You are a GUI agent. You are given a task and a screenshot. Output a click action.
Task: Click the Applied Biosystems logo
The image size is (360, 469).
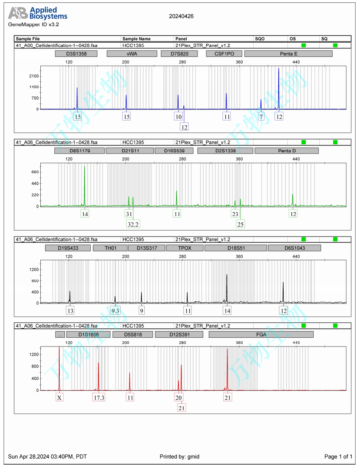[x=38, y=13]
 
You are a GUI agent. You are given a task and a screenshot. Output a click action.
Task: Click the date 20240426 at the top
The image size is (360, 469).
[x=181, y=17]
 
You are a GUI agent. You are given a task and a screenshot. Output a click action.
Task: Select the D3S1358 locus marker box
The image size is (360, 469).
[x=76, y=54]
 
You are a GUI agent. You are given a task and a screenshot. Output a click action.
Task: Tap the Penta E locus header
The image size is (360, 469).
[x=288, y=54]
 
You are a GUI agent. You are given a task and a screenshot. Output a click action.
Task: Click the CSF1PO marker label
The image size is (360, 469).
[x=223, y=54]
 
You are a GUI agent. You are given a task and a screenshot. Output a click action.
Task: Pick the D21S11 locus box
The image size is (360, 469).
[x=129, y=151]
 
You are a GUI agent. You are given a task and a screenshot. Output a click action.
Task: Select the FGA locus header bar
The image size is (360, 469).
[x=261, y=334]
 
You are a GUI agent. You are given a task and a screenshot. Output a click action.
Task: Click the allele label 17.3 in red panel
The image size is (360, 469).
[x=99, y=398]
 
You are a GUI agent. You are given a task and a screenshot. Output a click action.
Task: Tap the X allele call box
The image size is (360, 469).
[x=59, y=398]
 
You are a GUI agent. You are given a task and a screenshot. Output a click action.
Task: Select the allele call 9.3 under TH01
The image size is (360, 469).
[x=115, y=311]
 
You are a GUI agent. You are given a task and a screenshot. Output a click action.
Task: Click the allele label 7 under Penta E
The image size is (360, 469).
[x=261, y=116]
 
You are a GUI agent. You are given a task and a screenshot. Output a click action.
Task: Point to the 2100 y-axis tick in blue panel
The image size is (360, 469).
[x=34, y=76]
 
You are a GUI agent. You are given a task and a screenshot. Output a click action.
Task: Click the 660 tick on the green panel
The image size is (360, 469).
[x=35, y=172]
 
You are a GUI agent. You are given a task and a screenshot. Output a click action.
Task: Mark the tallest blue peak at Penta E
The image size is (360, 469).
[x=279, y=69]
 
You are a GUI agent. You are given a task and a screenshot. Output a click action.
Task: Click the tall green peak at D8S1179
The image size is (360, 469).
[x=84, y=167]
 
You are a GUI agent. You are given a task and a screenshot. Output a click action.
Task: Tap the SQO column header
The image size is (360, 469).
[x=260, y=39]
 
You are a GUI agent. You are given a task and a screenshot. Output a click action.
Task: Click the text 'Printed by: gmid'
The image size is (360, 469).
[x=179, y=457]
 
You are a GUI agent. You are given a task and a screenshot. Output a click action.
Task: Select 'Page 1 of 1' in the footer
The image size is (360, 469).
[x=338, y=457]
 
